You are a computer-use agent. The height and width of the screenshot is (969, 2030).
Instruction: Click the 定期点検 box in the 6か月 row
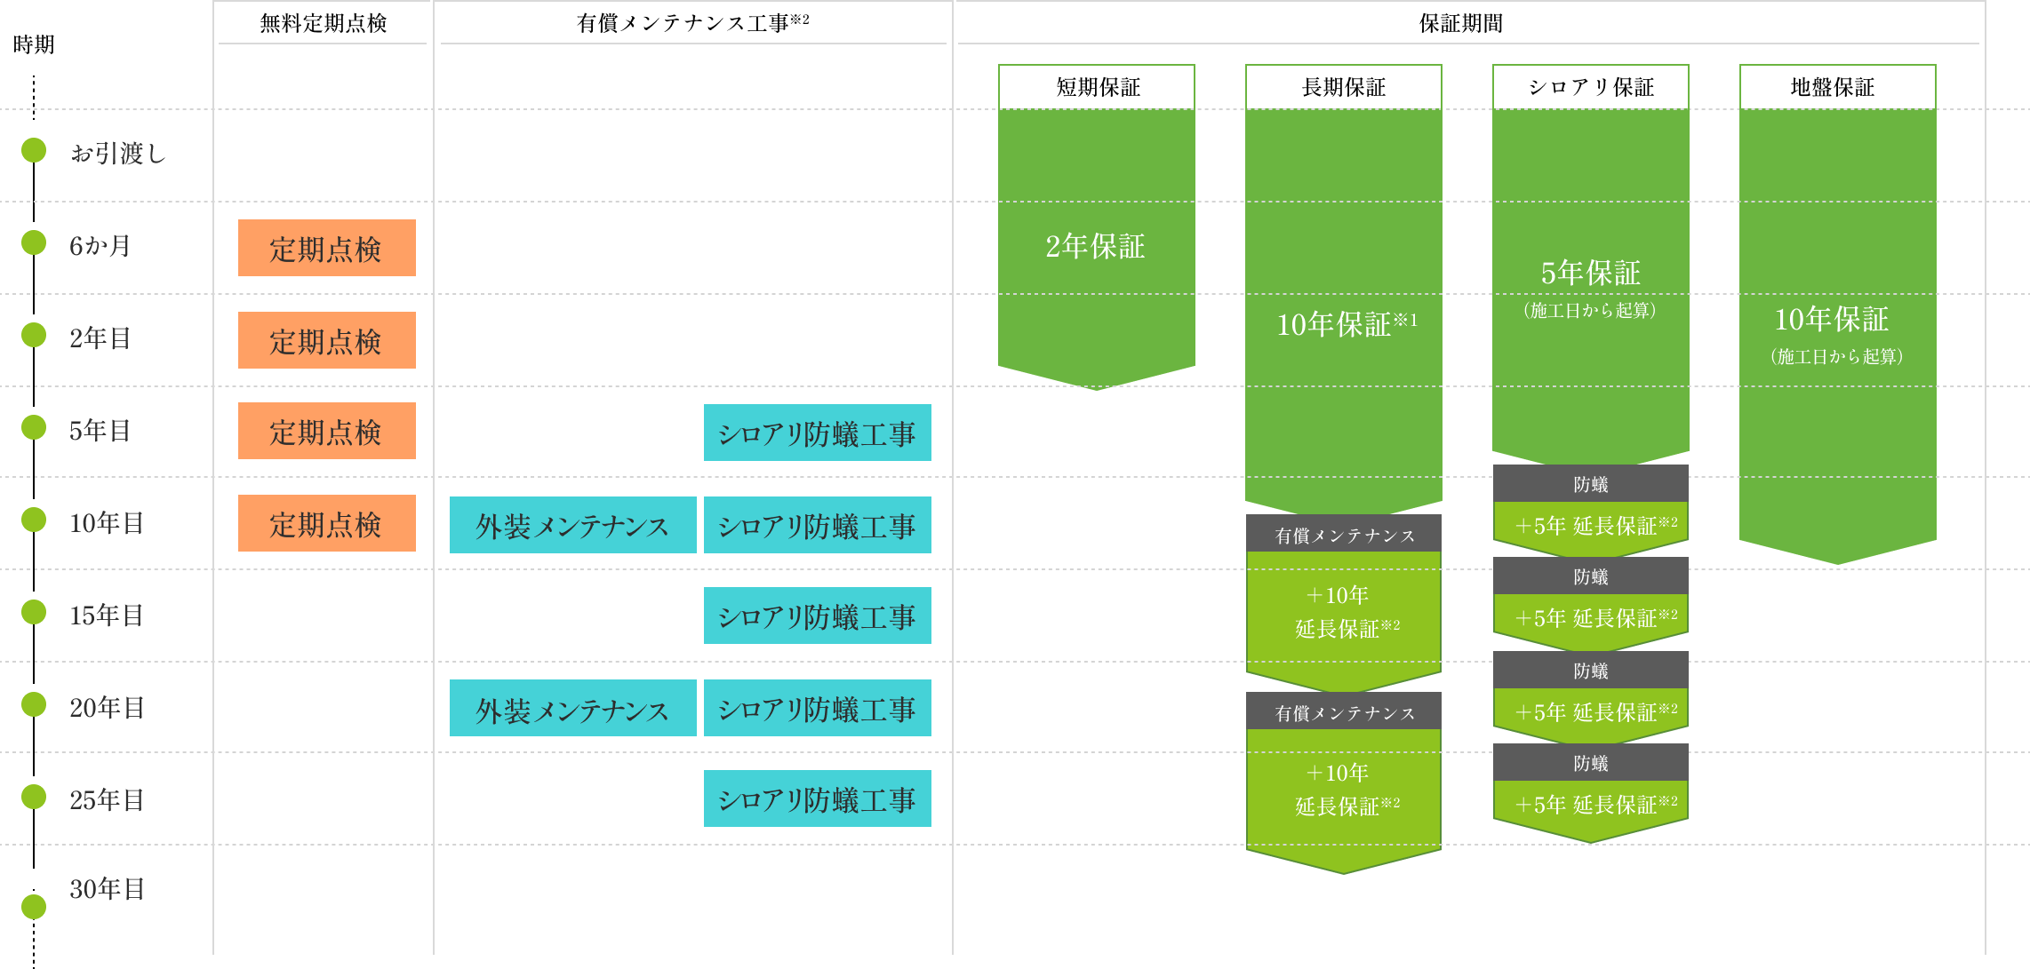(326, 248)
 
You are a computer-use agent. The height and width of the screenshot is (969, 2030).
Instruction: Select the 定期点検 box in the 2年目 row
(326, 340)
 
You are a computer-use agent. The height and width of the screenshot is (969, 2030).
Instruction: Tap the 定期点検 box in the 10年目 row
(326, 523)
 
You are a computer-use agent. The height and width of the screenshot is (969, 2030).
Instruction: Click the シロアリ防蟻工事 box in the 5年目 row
(817, 433)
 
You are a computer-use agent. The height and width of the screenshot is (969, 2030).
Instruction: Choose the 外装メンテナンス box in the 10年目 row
(572, 525)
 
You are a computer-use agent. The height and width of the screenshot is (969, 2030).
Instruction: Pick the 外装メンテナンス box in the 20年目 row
(572, 708)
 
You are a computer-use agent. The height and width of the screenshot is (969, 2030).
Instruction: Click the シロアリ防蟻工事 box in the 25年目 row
(817, 798)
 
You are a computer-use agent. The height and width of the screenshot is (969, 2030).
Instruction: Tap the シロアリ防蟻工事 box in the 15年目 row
(817, 616)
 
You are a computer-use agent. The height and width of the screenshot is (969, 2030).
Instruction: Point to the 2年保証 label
(1095, 246)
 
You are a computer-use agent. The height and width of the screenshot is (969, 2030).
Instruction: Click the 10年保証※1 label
(1346, 324)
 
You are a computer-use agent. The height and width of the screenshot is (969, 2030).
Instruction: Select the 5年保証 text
(1590, 273)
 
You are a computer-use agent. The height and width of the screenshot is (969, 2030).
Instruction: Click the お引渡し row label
(118, 153)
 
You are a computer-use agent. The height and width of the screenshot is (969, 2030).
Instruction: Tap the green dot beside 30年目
(34, 907)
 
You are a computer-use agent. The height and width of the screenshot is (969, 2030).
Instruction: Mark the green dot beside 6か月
(34, 242)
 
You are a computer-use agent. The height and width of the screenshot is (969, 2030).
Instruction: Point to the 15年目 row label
(107, 615)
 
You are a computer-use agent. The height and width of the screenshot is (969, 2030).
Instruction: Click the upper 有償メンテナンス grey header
(1344, 535)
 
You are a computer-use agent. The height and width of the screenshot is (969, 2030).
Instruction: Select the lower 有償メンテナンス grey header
(1344, 712)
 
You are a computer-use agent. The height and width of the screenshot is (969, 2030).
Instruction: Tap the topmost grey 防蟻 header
(1590, 484)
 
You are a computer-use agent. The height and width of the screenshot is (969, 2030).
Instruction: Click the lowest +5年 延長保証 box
(1590, 804)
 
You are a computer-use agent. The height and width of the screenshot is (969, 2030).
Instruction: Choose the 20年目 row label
(107, 707)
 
